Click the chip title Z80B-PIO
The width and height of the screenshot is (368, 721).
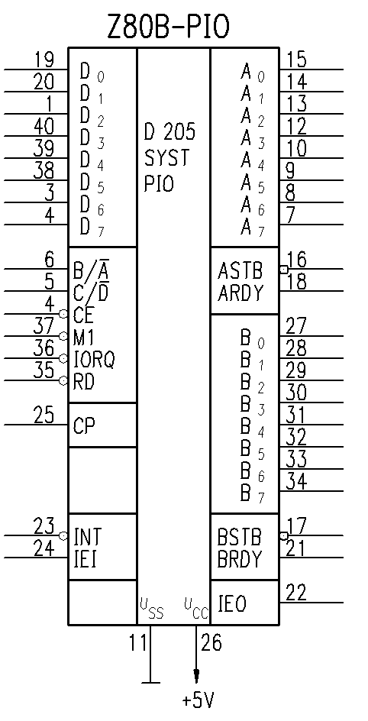click(x=168, y=27)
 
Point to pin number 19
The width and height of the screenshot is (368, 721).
click(x=44, y=60)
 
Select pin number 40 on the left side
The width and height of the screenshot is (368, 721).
click(x=44, y=126)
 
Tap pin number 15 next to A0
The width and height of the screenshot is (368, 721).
click(x=296, y=60)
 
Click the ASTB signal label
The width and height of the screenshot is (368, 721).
click(x=240, y=271)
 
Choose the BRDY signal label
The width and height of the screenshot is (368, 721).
click(x=240, y=559)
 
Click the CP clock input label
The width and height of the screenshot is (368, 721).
click(x=84, y=426)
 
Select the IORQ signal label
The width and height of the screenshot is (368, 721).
click(x=94, y=360)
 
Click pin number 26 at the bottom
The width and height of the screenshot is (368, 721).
click(x=211, y=642)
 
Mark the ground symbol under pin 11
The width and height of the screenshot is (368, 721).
click(x=150, y=683)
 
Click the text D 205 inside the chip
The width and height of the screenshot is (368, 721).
click(x=169, y=132)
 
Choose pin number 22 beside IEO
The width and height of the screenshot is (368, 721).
click(x=296, y=593)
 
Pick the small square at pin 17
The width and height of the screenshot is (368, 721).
click(x=283, y=536)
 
